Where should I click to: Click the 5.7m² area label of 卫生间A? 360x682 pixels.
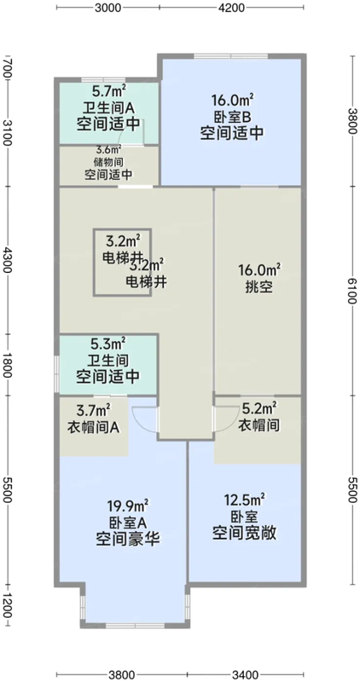108,91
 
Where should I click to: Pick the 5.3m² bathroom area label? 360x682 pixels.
108,344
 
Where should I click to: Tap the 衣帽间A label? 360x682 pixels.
97,426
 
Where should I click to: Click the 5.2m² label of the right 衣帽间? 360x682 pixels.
258,409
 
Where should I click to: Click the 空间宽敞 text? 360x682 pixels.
246,535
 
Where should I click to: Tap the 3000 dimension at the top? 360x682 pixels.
108,8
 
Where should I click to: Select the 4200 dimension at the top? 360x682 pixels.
232,8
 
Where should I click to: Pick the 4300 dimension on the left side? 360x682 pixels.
8,260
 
